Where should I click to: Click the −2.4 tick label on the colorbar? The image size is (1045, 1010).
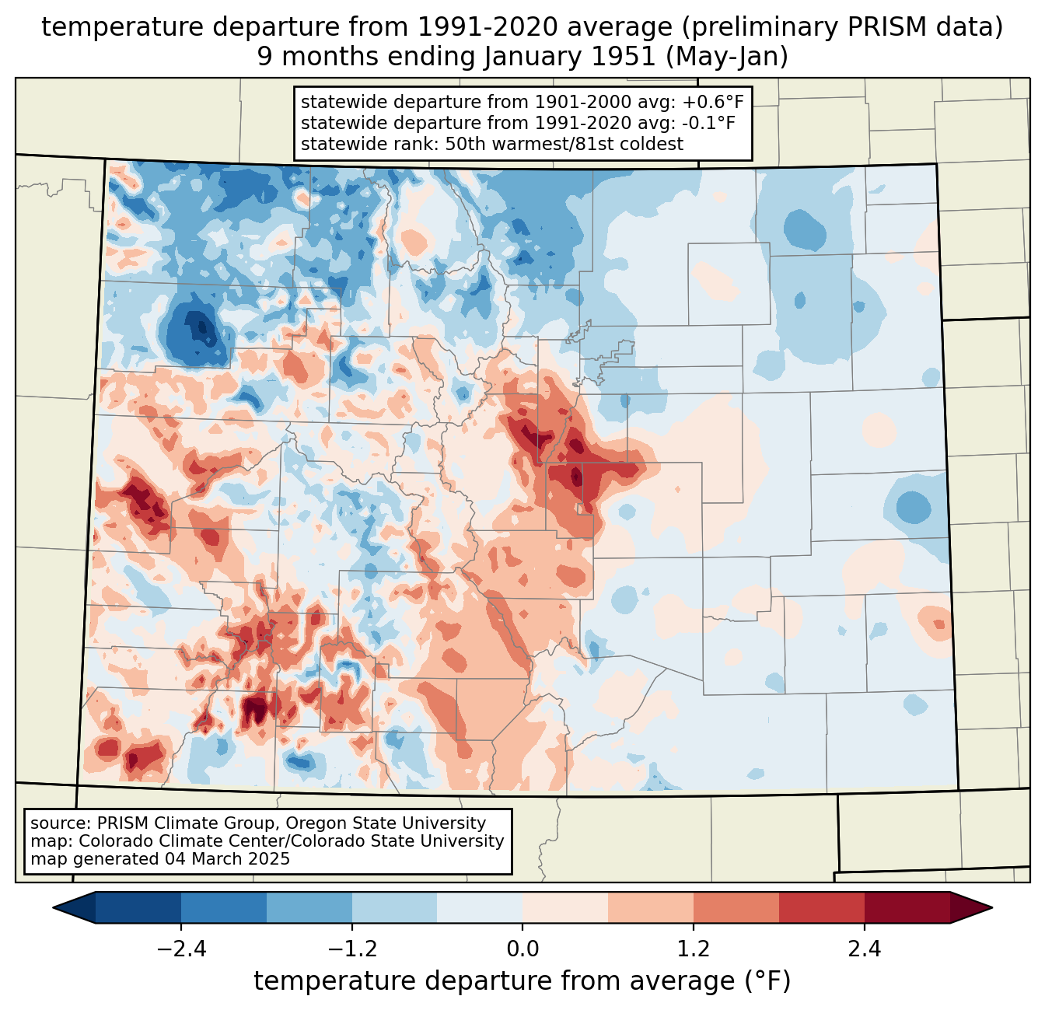[181, 949]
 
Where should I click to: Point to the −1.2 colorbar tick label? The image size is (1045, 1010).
[352, 949]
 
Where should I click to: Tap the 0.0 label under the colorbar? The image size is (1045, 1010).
[522, 949]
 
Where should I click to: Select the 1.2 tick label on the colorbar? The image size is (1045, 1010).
[694, 949]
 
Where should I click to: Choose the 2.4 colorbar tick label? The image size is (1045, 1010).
[864, 949]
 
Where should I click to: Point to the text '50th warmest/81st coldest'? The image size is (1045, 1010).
[564, 144]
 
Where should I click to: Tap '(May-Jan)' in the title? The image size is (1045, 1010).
[727, 57]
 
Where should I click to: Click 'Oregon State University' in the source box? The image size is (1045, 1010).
[386, 823]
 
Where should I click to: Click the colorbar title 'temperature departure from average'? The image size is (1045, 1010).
[494, 980]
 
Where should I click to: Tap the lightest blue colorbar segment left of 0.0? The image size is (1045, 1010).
[480, 907]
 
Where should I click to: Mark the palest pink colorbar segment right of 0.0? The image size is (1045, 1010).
[565, 907]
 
